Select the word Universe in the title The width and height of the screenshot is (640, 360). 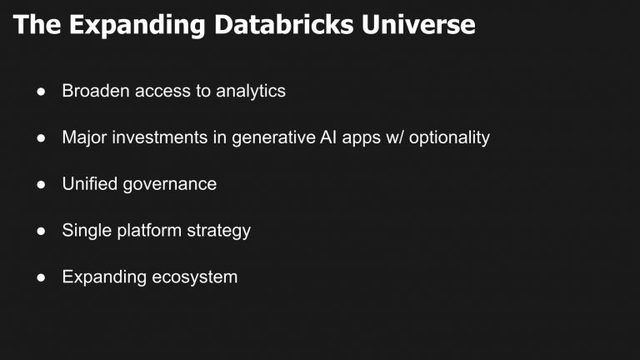point(424,25)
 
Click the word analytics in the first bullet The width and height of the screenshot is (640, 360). point(251,91)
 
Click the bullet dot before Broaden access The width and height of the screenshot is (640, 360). point(40,92)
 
